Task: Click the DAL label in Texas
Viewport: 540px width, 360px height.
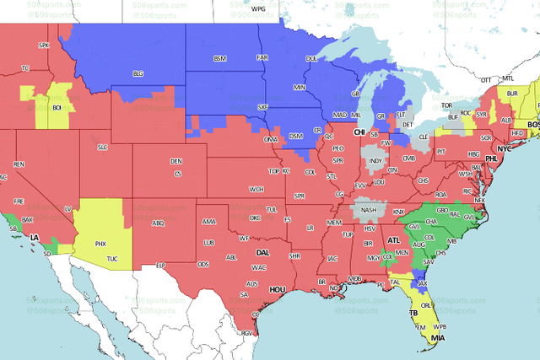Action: (263, 252)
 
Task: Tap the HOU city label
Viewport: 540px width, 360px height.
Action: (278, 289)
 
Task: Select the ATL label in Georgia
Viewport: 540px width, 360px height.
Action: (393, 240)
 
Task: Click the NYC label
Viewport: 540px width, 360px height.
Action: (505, 149)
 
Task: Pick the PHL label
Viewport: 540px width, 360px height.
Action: (492, 159)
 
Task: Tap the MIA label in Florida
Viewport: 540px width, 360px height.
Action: (438, 339)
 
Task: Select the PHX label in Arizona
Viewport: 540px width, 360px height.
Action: (100, 244)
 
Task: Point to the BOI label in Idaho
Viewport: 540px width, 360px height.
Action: (57, 108)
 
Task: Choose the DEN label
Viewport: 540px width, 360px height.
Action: (175, 161)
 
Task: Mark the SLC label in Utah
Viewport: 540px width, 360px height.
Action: (103, 148)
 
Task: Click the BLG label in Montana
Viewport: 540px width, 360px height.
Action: (138, 74)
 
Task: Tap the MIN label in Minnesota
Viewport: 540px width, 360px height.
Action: (299, 88)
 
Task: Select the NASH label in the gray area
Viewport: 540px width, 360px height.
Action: (369, 210)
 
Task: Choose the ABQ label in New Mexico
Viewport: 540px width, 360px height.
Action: (157, 223)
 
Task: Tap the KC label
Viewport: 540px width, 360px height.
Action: (286, 171)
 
